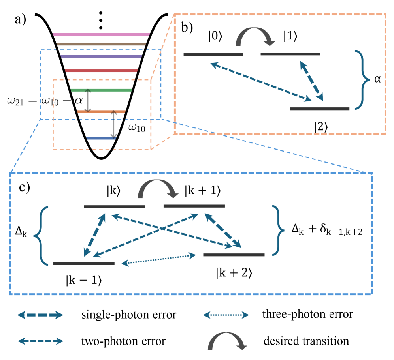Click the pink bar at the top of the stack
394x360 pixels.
pyautogui.click(x=101, y=34)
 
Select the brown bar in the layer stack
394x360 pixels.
pyautogui.click(x=101, y=44)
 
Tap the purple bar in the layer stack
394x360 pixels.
pyautogui.click(x=101, y=56)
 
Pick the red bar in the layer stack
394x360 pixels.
pyautogui.click(x=101, y=71)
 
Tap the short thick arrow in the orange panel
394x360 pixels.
pyautogui.click(x=311, y=81)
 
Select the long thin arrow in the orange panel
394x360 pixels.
pyautogui.click(x=261, y=82)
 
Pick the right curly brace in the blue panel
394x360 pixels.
pyautogui.click(x=278, y=230)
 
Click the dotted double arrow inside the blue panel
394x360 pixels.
pyautogui.click(x=158, y=259)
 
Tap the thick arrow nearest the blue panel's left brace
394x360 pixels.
pyautogui.click(x=94, y=235)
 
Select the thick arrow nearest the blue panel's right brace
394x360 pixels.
pyautogui.click(x=223, y=231)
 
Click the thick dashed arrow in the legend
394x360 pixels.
pyautogui.click(x=40, y=315)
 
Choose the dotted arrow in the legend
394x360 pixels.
pyautogui.click(x=226, y=315)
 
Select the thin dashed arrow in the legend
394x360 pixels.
pyautogui.click(x=40, y=341)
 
